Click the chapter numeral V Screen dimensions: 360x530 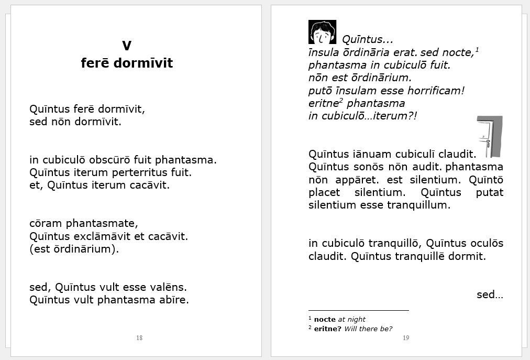[x=126, y=46]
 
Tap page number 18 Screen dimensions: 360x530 [x=139, y=338]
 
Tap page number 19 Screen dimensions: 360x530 [x=406, y=338]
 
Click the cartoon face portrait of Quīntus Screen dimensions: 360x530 [x=322, y=32]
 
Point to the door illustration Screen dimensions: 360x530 [x=490, y=137]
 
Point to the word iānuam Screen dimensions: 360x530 [x=367, y=154]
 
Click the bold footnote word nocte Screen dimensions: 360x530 [x=325, y=319]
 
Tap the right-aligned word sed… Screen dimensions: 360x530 [x=490, y=294]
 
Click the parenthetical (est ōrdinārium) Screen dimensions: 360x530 [x=74, y=249]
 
